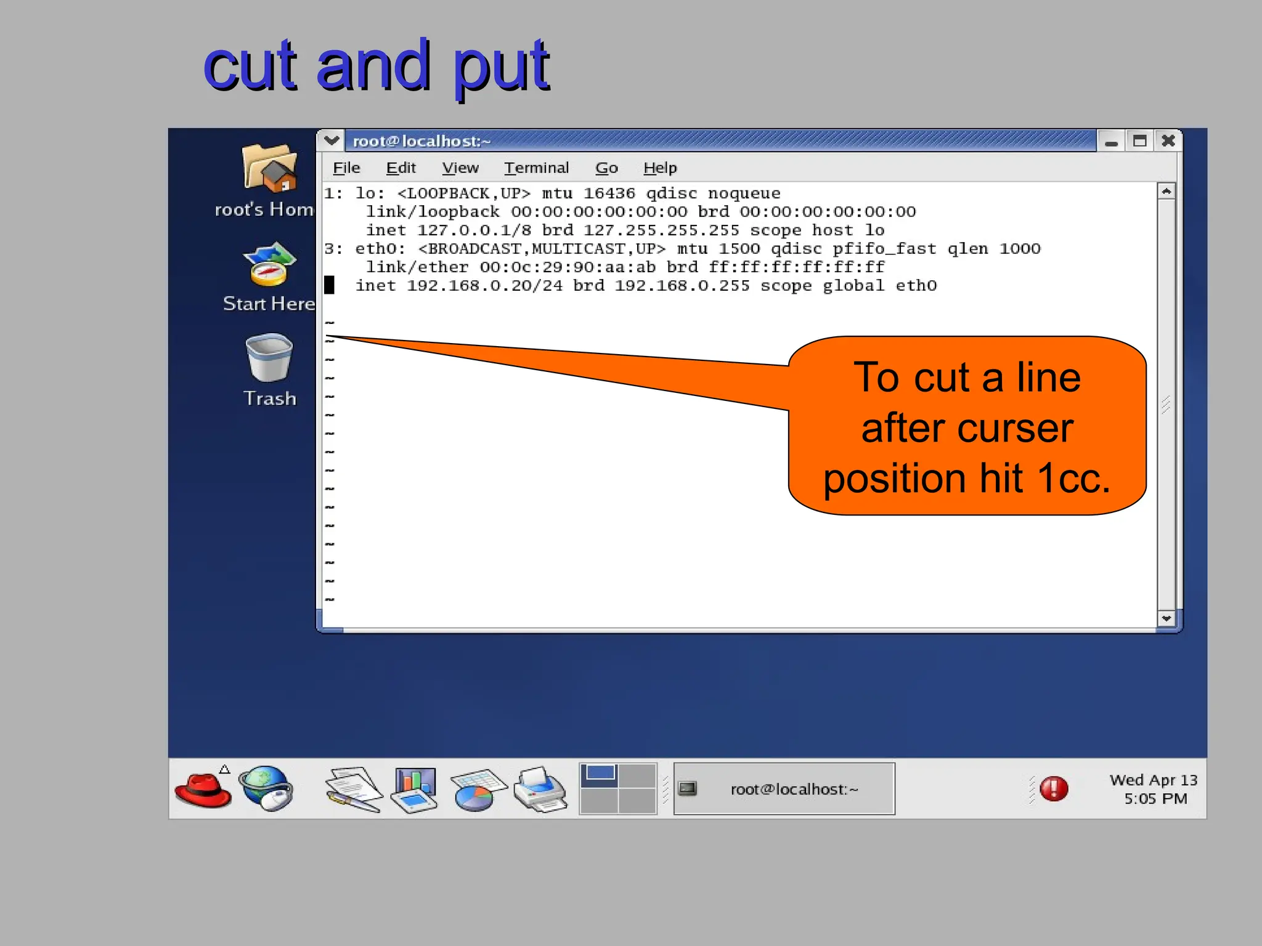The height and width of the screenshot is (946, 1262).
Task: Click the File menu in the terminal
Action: click(x=346, y=168)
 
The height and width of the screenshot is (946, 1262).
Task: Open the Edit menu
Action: click(x=401, y=168)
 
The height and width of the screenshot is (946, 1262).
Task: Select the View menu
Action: click(x=460, y=168)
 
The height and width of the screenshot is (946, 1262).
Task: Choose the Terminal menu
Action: click(x=536, y=168)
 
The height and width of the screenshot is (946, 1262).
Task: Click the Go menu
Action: click(x=606, y=168)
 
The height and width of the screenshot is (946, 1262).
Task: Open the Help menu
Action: click(x=660, y=168)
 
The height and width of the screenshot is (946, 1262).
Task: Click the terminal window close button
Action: click(x=1168, y=141)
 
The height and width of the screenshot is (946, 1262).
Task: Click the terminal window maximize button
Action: click(x=1139, y=141)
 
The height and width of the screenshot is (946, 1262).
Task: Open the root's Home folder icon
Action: click(x=269, y=168)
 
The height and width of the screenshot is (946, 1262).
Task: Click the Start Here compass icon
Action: click(x=269, y=265)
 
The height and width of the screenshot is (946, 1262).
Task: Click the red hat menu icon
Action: click(x=203, y=789)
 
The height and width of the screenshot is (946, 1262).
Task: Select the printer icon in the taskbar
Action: click(x=540, y=789)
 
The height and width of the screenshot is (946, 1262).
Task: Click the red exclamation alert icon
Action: click(x=1054, y=789)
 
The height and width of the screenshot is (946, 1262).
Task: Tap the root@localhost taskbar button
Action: click(x=784, y=789)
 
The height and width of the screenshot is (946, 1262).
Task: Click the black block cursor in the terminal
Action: click(x=330, y=285)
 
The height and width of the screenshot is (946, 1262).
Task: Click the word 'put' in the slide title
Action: click(x=500, y=67)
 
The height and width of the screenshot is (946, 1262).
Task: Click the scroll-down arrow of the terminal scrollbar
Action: click(x=1166, y=618)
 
